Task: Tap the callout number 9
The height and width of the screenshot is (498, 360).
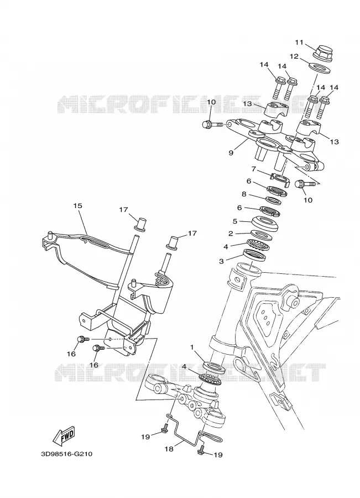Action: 231,153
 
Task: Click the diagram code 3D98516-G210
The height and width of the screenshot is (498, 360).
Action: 67,454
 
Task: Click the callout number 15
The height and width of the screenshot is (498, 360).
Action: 78,205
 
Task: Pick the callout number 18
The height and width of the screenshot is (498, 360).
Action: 169,449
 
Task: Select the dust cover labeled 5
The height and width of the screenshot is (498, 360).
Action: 265,224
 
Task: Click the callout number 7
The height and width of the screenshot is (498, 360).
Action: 254,169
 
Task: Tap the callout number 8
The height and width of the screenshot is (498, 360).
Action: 244,194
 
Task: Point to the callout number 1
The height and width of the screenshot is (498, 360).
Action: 192,347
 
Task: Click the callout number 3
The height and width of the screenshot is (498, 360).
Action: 221,261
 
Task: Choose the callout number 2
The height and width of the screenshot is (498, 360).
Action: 231,234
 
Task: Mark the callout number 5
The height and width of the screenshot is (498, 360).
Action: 235,221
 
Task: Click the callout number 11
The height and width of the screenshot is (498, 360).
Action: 299,43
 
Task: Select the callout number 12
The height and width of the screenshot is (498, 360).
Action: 294,56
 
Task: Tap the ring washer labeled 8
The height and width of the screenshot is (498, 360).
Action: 274,201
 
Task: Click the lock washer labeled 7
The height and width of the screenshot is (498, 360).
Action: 280,179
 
